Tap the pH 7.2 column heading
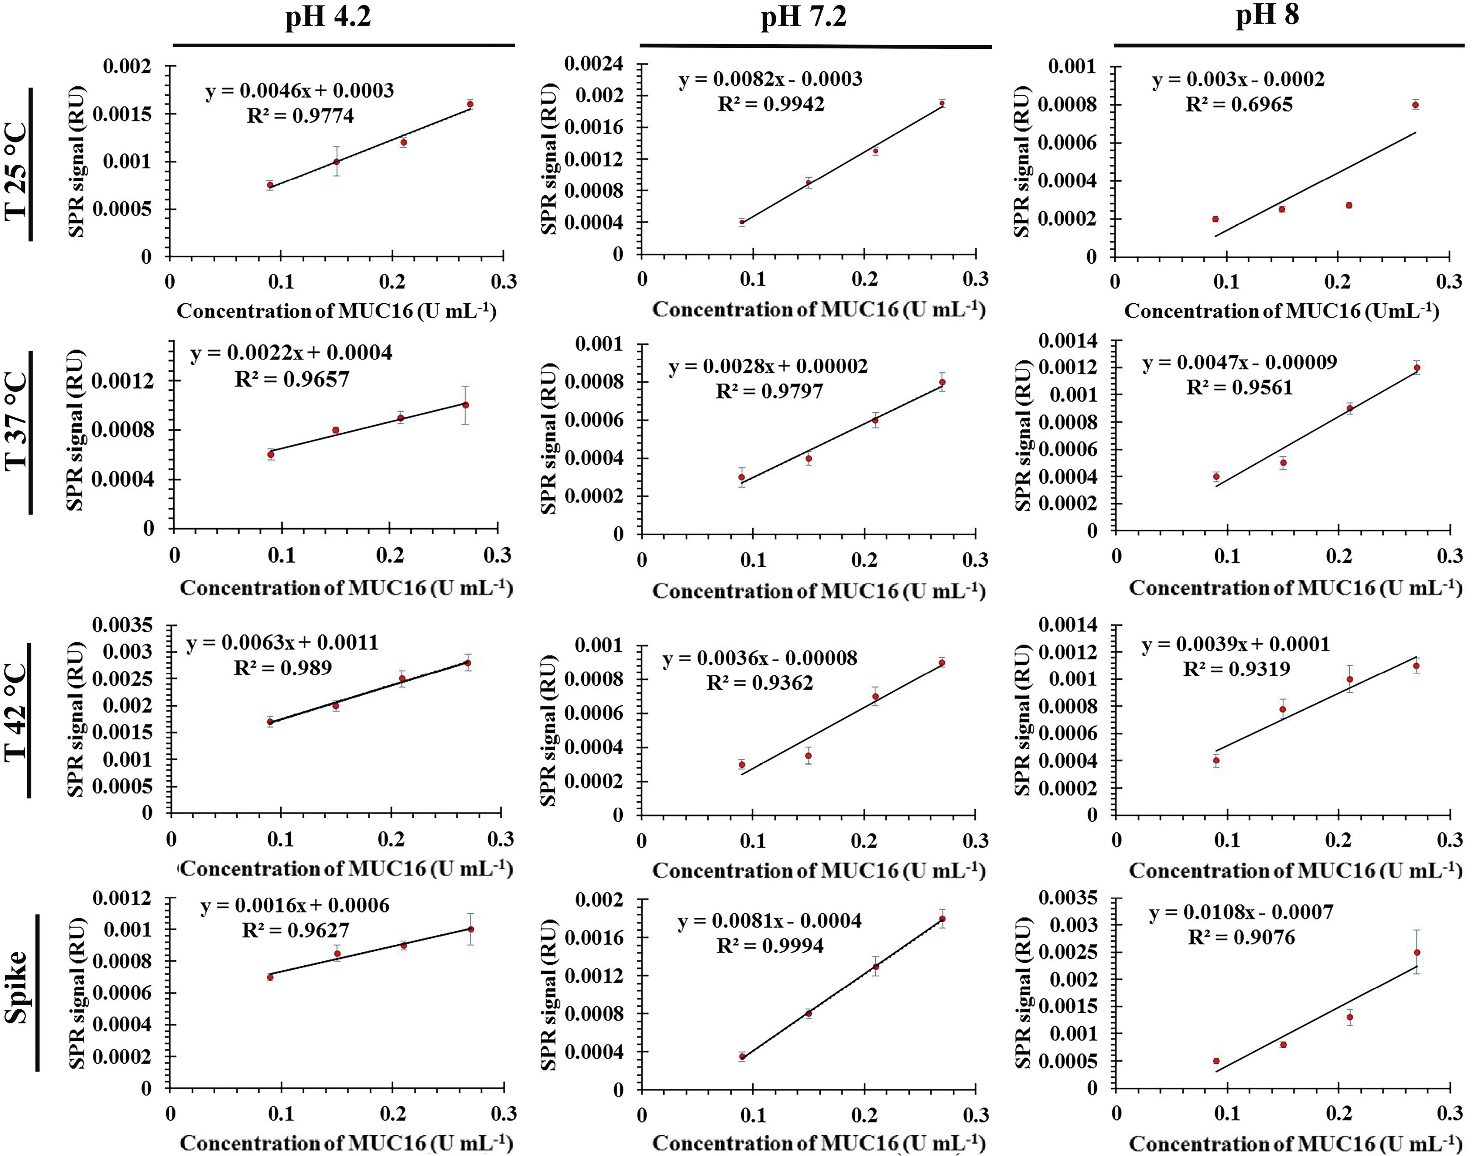point(803,16)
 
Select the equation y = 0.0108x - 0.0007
point(1241,912)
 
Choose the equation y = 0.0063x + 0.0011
point(282,643)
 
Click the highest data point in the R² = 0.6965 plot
point(1415,105)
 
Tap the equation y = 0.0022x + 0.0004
point(291,353)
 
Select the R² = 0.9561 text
point(1239,388)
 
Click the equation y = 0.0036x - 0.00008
point(760,658)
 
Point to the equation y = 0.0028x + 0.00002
point(768,366)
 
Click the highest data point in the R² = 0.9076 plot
point(1417,952)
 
